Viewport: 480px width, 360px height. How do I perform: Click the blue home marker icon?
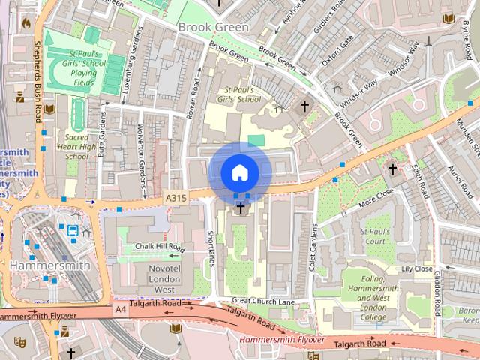[239, 173]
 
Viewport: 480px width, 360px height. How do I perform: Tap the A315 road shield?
[175, 196]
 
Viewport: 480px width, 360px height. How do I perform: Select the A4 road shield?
[121, 308]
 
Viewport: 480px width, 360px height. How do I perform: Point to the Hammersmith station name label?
[50, 265]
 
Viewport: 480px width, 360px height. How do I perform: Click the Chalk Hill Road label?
[159, 246]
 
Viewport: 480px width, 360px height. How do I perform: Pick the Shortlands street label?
[211, 247]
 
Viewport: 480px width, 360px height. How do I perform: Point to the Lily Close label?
[417, 268]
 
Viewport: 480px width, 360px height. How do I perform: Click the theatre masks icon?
[20, 341]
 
